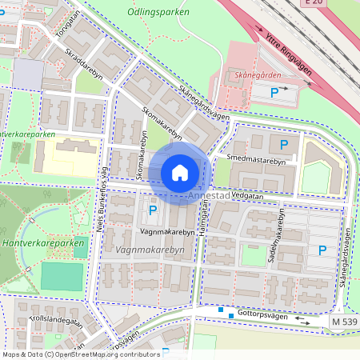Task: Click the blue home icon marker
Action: coord(180,172)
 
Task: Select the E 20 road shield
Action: coord(314,4)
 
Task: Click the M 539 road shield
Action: coord(343,320)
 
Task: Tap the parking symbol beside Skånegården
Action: coord(274,94)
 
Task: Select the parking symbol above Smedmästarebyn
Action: coord(283,144)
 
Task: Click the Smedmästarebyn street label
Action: coord(256,160)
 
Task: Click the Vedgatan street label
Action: coord(249,194)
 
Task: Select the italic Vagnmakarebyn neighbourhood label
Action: coord(150,250)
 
